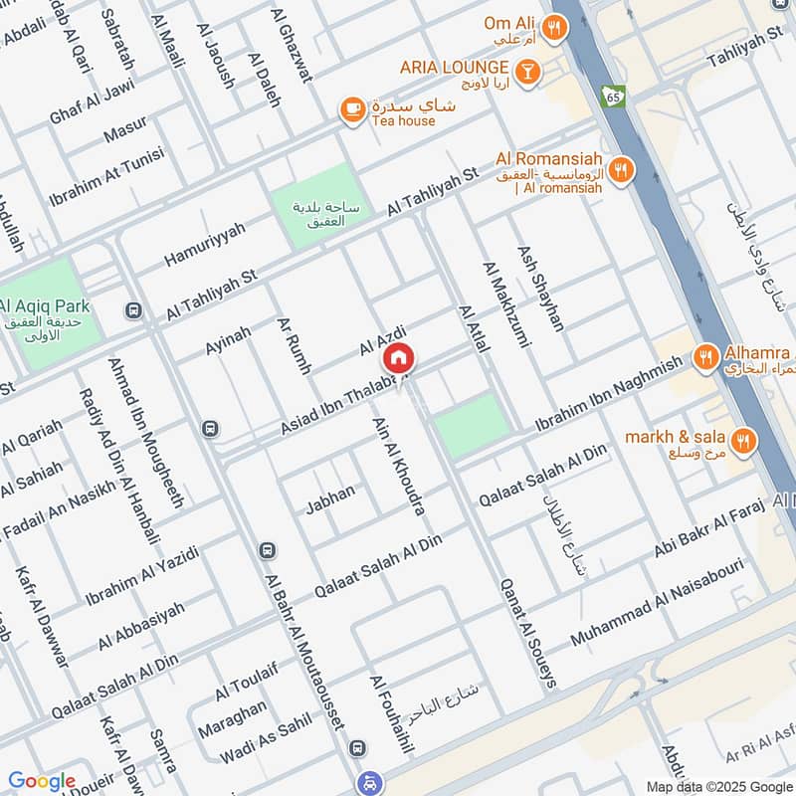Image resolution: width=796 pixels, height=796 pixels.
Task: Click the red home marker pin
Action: point(398,359)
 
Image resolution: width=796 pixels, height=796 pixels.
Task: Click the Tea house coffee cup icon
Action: point(350,109)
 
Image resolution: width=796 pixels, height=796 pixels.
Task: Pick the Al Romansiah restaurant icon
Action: point(621,170)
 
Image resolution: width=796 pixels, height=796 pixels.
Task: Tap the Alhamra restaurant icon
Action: point(705,355)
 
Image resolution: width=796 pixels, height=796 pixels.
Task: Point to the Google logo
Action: point(42,781)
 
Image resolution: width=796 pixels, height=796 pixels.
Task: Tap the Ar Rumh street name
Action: point(295,347)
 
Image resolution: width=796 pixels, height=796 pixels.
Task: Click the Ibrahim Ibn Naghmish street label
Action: point(610,395)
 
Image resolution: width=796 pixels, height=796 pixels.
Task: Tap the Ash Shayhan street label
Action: point(540,289)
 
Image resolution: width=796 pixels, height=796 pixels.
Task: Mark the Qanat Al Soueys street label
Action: point(527,633)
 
